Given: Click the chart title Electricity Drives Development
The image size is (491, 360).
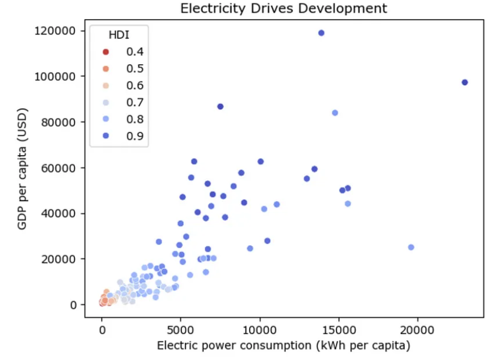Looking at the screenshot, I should click(x=284, y=8).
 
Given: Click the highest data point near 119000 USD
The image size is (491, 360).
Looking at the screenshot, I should click(x=321, y=33).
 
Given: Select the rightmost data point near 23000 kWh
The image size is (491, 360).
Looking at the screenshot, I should click(x=465, y=82).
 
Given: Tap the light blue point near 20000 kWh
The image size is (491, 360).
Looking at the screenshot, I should click(x=411, y=247).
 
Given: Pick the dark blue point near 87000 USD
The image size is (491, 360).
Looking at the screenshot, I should click(x=220, y=107).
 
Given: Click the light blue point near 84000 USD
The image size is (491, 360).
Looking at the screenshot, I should click(x=335, y=113).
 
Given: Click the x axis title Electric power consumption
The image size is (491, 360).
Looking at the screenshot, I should click(x=284, y=345).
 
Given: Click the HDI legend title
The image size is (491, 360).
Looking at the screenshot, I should click(x=119, y=35).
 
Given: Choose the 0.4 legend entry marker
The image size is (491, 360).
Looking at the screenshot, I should click(x=105, y=52).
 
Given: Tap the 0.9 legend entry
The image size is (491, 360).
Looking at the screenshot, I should click(x=119, y=136).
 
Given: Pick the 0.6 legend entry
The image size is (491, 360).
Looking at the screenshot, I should click(x=119, y=86).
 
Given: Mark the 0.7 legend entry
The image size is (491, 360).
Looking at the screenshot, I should click(x=119, y=103).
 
